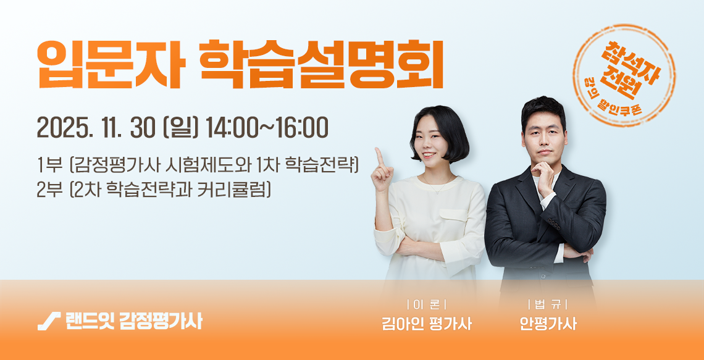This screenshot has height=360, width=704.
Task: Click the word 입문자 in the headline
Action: click(x=111, y=65)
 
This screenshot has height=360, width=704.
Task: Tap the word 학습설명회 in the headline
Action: click(x=322, y=65)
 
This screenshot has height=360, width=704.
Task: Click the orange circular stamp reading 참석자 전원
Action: click(x=624, y=75)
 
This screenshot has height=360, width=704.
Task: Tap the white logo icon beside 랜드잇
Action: click(x=49, y=321)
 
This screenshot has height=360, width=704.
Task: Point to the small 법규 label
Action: click(x=548, y=306)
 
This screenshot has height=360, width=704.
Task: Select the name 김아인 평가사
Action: click(x=426, y=324)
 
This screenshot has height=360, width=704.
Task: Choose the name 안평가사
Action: click(x=548, y=324)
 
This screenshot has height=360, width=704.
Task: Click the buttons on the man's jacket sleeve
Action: click(x=553, y=224)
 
